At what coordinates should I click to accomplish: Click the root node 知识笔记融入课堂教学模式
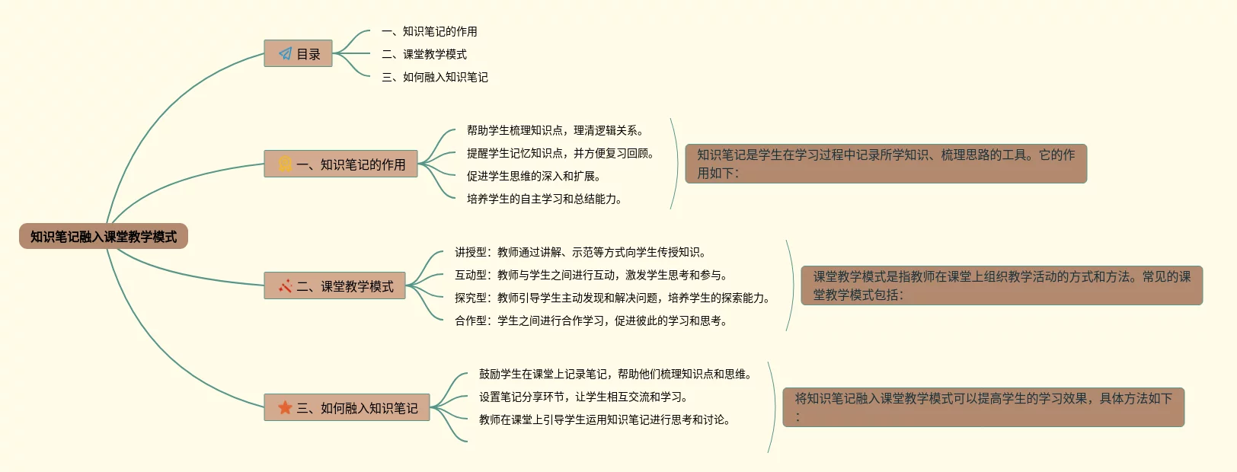tap(104, 237)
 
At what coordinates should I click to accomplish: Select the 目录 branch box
tap(298, 54)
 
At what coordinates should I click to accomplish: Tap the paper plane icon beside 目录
tap(285, 54)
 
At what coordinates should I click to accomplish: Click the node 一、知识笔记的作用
tap(340, 164)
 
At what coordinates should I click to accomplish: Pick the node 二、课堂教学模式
tap(334, 286)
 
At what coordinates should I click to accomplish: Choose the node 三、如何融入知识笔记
tap(347, 408)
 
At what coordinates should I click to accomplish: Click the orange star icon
tap(286, 408)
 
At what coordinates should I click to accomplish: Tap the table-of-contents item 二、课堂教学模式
tap(424, 54)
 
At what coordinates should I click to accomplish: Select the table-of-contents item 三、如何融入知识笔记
tap(435, 77)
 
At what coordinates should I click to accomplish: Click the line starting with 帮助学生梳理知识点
tap(555, 130)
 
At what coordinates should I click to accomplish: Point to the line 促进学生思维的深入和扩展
tap(533, 176)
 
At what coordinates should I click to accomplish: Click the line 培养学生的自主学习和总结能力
tap(544, 199)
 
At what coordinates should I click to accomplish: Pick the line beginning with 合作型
tap(592, 321)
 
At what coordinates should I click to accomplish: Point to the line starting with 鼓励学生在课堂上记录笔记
tap(616, 374)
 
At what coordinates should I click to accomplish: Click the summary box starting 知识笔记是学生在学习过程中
tap(886, 164)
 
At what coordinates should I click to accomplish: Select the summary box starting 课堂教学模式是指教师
tap(1002, 285)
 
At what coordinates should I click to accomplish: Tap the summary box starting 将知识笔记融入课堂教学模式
tap(983, 407)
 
